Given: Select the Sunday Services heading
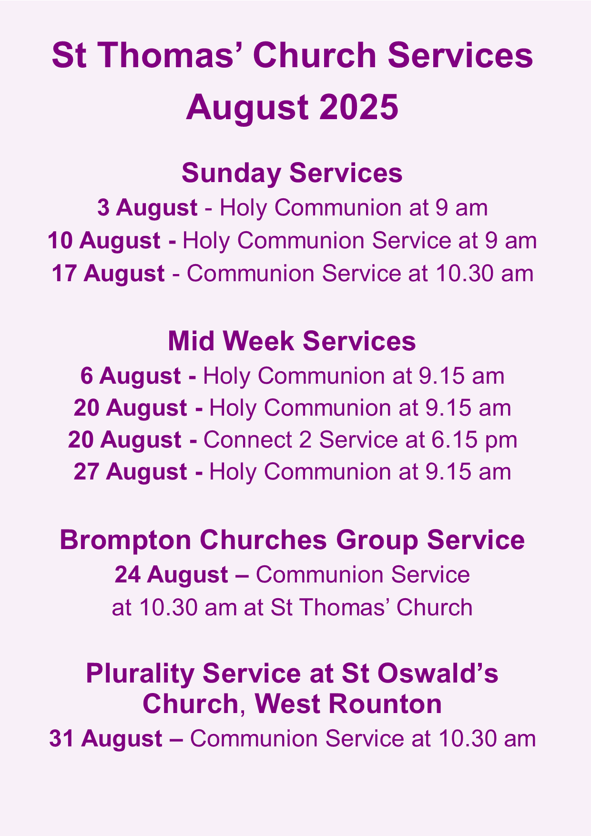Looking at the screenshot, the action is click(292, 173).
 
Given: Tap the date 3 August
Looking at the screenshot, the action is click(147, 208).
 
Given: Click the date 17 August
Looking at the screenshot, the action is click(108, 274).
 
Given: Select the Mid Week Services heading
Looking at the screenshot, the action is click(292, 341).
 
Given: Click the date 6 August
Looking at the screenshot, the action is click(131, 376).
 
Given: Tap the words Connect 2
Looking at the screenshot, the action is click(257, 439).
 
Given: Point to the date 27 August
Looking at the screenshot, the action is click(130, 472).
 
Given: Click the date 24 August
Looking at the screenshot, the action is click(171, 575).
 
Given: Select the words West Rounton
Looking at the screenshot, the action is click(348, 704).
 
